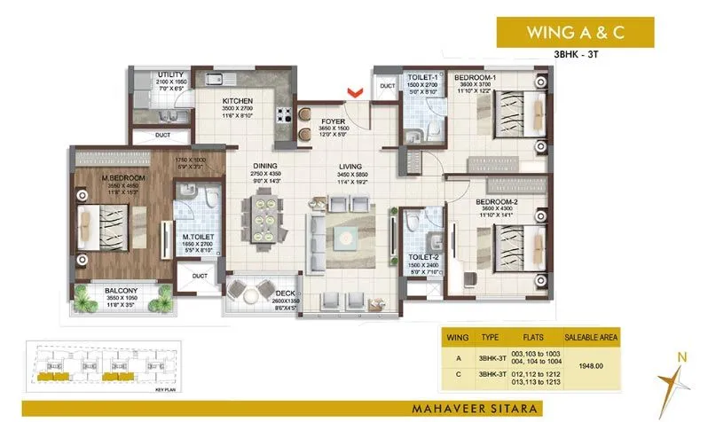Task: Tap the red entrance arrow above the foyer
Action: tap(356, 91)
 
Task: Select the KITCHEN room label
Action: tap(239, 102)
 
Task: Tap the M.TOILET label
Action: tap(195, 237)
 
